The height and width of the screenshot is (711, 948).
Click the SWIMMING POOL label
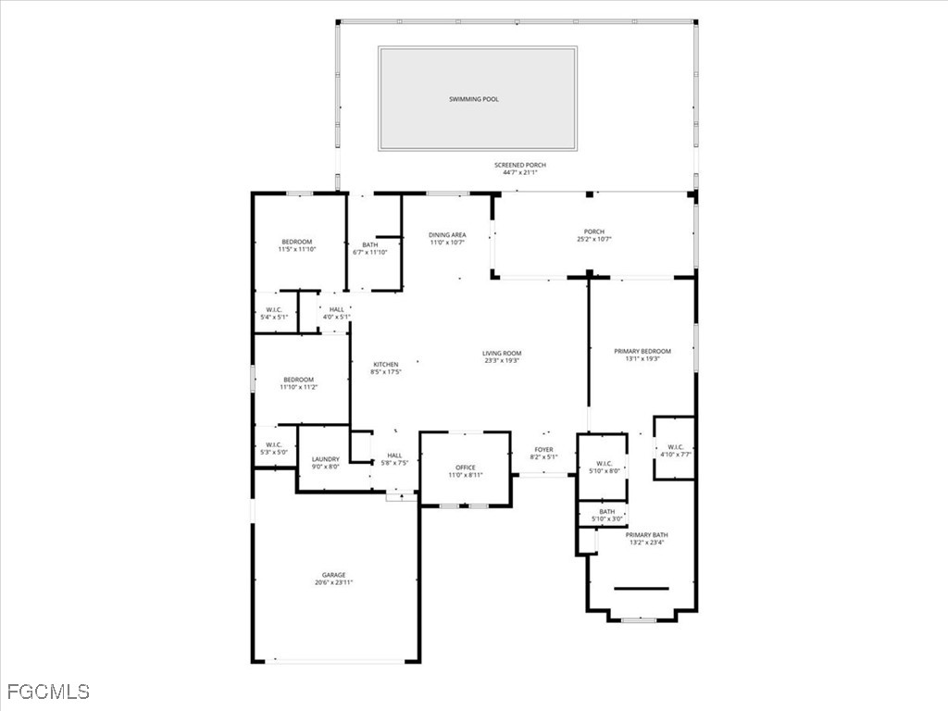pos(473,99)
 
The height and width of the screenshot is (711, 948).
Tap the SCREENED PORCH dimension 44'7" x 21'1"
pos(519,173)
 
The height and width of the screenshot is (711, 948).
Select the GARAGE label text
pos(333,575)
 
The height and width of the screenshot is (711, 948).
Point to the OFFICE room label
pos(465,468)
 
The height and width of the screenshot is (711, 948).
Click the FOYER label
pos(543,450)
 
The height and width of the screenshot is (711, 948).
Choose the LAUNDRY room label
pos(325,459)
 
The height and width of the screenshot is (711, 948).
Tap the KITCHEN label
pos(385,365)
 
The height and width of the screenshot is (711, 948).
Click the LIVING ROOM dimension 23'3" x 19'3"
pos(501,360)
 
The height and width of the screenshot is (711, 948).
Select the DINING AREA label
pos(446,235)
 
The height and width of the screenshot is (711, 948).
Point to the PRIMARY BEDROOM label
pos(642,352)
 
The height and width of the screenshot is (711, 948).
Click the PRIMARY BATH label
pos(646,535)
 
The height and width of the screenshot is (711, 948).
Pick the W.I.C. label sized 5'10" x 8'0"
pos(604,464)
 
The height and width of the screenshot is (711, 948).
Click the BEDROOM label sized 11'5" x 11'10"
pos(296,242)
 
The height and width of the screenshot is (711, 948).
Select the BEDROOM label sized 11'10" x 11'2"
pos(298,380)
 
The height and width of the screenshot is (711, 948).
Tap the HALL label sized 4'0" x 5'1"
pos(336,310)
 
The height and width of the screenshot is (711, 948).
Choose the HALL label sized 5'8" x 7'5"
pos(394,455)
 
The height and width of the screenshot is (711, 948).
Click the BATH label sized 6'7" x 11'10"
pos(369,245)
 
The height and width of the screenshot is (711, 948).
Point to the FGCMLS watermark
pos(48,692)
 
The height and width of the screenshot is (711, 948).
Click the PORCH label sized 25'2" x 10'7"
pos(593,232)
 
